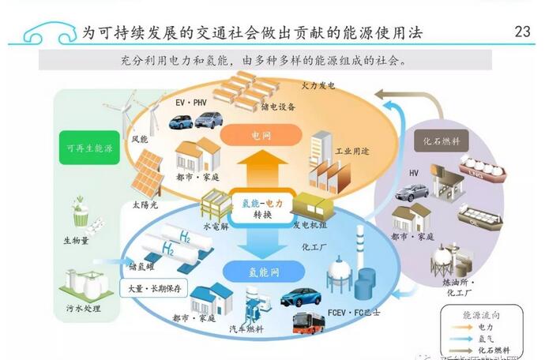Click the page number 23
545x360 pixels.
click(522, 32)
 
